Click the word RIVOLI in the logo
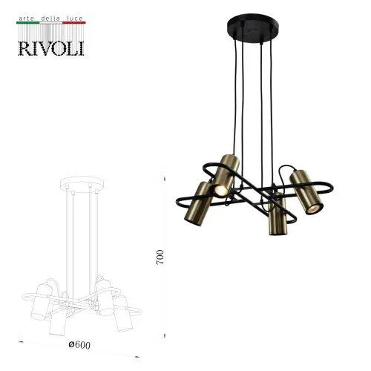51,48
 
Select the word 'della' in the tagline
50,19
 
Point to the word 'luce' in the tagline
74,19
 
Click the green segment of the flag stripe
27,23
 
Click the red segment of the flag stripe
74,23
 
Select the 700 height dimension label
160,257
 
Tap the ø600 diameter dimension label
79,345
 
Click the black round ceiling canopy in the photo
253,27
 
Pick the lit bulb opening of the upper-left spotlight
220,190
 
